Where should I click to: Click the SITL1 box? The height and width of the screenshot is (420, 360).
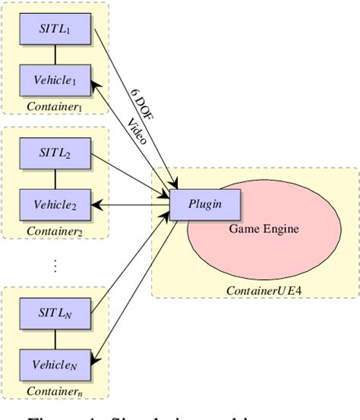click(55, 29)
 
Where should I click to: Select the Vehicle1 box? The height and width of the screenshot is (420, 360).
click(55, 80)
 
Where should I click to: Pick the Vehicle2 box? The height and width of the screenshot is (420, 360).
click(55, 204)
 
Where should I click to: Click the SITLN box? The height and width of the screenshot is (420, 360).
click(55, 312)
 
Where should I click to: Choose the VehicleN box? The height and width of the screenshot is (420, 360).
click(55, 363)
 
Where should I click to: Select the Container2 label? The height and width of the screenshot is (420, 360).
click(55, 230)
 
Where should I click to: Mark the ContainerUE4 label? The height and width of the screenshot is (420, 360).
click(258, 290)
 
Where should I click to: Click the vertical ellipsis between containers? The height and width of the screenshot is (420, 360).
click(55, 266)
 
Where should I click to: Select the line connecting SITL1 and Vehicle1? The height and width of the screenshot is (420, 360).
click(55, 54)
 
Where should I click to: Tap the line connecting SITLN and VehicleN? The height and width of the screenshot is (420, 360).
click(55, 338)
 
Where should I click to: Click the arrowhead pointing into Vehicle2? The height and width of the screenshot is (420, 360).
click(97, 204)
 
